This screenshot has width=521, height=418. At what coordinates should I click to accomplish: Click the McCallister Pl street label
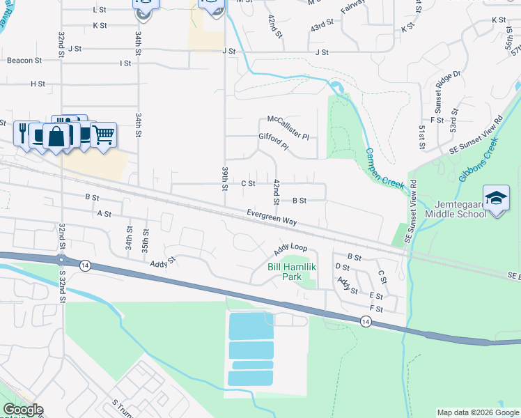click(288, 125)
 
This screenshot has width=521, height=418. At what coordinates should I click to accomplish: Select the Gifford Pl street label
click(273, 141)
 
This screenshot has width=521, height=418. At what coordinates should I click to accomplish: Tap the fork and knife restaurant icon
click(22, 133)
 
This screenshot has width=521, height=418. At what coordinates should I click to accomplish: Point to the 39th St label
click(225, 178)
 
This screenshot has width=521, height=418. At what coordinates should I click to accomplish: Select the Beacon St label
click(24, 61)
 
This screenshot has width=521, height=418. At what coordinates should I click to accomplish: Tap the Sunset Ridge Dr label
click(439, 91)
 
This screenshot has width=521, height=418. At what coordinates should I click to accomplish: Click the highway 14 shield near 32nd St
click(84, 265)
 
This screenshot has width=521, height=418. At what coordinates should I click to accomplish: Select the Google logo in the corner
click(22, 410)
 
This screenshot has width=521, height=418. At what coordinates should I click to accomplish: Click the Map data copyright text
click(478, 412)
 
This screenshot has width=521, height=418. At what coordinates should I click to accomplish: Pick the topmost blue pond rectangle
click(250, 325)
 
